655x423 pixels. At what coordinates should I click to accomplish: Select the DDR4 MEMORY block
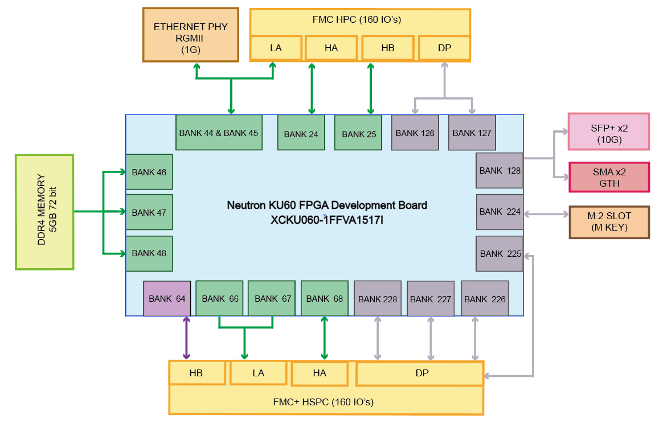[x=45, y=211]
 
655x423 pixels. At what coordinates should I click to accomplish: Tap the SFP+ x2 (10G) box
[x=608, y=132]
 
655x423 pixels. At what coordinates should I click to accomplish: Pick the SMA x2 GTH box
[x=608, y=177]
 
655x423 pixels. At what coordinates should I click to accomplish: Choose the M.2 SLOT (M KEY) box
[x=609, y=222]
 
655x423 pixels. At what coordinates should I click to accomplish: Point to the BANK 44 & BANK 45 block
[x=219, y=133]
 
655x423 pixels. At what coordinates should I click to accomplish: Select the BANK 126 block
[x=415, y=133]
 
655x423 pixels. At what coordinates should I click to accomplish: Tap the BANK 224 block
[x=500, y=212]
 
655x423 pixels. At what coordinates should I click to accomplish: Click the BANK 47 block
[x=149, y=212]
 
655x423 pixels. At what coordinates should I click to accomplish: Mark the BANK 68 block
[x=324, y=298]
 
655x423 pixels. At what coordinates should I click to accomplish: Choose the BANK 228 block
[x=378, y=299]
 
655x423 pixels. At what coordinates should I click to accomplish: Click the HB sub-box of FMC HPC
[x=387, y=48]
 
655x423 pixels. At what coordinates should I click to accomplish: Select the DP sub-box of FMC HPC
[x=444, y=48]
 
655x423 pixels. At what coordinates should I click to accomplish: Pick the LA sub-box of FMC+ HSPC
[x=258, y=373]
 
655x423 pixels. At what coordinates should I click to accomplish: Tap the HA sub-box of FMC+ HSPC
[x=320, y=373]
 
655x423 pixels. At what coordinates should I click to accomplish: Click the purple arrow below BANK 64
[x=186, y=338]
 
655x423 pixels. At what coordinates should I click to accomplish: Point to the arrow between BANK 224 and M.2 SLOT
[x=546, y=214]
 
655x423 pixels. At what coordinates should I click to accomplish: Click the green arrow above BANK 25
[x=371, y=88]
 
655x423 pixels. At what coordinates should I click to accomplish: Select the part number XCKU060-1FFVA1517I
[x=327, y=217]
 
